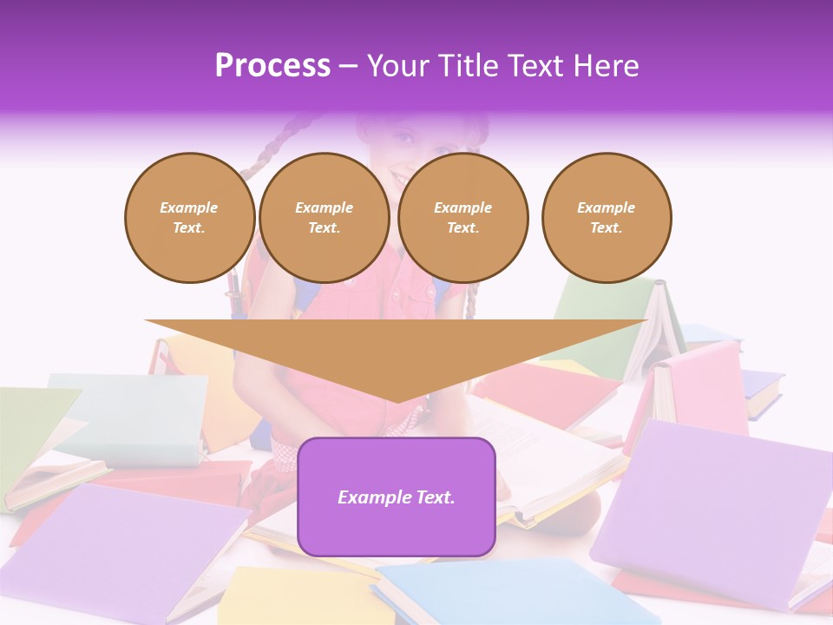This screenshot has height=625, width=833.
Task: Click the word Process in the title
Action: pyautogui.click(x=272, y=66)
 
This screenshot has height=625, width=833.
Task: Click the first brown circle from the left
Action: pyautogui.click(x=189, y=218)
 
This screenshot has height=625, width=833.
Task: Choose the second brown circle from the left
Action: pyautogui.click(x=324, y=218)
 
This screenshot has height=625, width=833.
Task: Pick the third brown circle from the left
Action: pyautogui.click(x=462, y=218)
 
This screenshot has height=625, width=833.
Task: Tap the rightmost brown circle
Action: pyautogui.click(x=606, y=218)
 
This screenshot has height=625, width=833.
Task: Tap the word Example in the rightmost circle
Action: pyautogui.click(x=606, y=207)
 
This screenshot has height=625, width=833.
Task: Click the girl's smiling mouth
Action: pyautogui.click(x=401, y=177)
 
